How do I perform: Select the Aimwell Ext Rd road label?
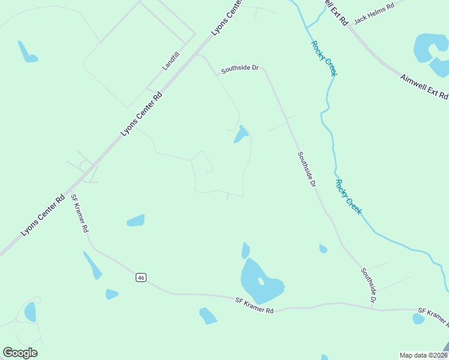(x=424, y=86)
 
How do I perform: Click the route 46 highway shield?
(x=140, y=277)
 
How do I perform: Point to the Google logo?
(x=20, y=353)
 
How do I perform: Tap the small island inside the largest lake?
(x=261, y=281)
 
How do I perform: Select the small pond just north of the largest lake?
(x=246, y=250)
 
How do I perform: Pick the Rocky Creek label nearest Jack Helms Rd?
(x=324, y=58)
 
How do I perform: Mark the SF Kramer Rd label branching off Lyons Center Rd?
(x=80, y=213)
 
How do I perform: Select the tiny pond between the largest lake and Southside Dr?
(x=323, y=248)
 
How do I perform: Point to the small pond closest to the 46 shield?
(x=112, y=294)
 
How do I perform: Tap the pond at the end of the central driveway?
(x=241, y=135)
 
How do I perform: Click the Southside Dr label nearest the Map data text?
(x=369, y=285)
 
